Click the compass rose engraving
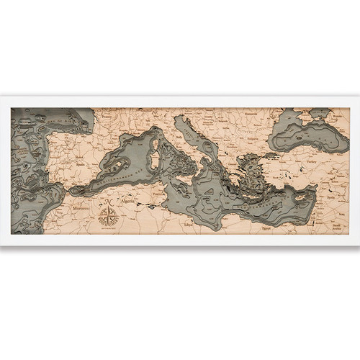click(108, 214)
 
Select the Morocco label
click(81, 205)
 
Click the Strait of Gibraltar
click(68, 192)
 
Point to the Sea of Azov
click(316, 114)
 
